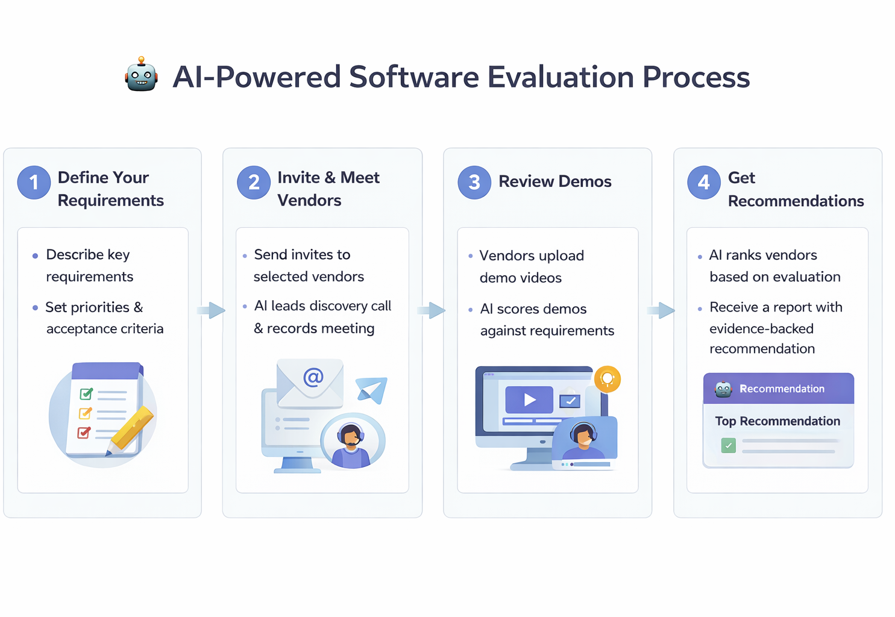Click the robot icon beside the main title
point(142,75)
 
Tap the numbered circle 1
point(34,182)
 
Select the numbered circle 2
point(254,182)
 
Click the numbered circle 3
point(474,182)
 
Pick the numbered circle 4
point(703,182)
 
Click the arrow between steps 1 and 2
point(212,310)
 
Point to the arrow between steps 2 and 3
point(432,310)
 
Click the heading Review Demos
point(554,181)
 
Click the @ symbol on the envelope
point(313,378)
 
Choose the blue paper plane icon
point(372,389)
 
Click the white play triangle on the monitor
point(530,399)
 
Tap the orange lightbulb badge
point(608,379)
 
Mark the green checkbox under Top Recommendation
point(729,446)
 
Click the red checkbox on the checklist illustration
point(84,433)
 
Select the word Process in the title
point(696,77)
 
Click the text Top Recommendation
point(777,421)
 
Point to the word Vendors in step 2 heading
point(309,201)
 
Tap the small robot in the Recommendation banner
point(723,389)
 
